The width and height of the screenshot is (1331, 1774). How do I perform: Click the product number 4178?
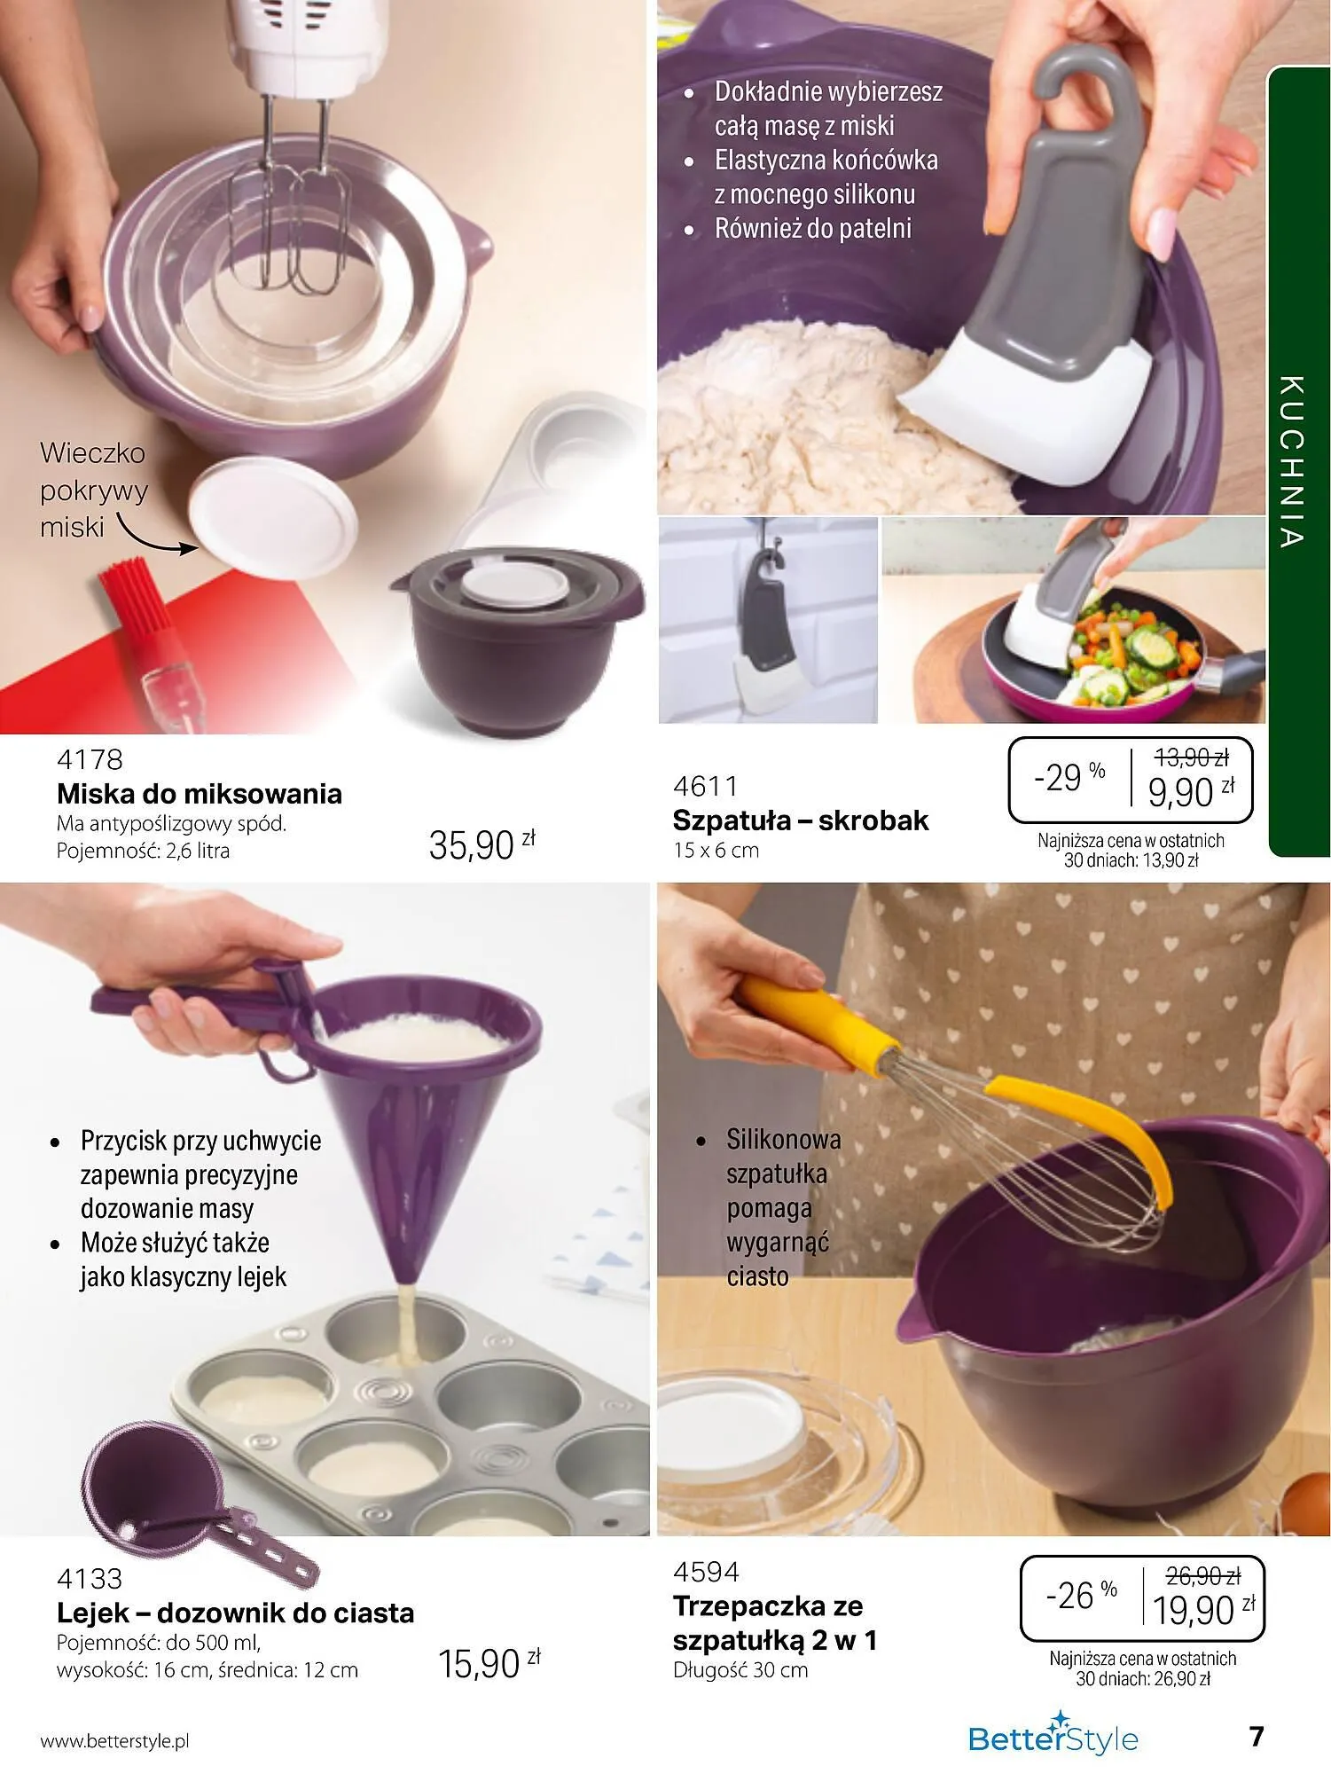(90, 760)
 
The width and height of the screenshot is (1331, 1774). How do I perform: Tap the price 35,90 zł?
(482, 844)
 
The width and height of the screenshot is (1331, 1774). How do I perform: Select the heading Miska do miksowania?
(200, 793)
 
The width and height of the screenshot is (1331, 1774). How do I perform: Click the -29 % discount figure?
(1069, 778)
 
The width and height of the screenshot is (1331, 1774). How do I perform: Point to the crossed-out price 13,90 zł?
(1191, 757)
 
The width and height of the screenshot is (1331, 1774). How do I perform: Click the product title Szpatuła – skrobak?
(801, 820)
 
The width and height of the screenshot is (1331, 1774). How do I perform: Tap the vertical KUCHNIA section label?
(1292, 461)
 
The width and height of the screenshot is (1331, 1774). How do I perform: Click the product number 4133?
(90, 1579)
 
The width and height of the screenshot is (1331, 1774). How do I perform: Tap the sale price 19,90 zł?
(1204, 1609)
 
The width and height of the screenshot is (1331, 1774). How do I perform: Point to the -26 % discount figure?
(1081, 1596)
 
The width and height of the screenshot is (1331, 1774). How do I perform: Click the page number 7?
(1256, 1736)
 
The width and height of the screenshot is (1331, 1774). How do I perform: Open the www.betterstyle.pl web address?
(115, 1741)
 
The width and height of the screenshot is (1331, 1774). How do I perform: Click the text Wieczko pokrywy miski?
(93, 490)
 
